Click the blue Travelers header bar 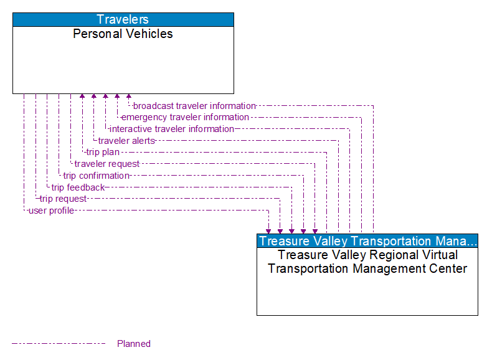click(x=123, y=19)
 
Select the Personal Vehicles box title click(x=123, y=34)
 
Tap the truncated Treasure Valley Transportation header click(x=367, y=241)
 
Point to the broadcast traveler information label click(x=194, y=106)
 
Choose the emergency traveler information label click(x=185, y=117)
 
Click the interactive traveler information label click(x=172, y=129)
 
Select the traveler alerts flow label click(x=126, y=141)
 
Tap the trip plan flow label click(x=103, y=152)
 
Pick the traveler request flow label click(x=107, y=164)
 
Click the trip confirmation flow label click(x=96, y=176)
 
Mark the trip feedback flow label click(x=78, y=187)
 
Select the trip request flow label click(x=63, y=199)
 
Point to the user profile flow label click(x=51, y=211)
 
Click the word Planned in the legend click(x=134, y=344)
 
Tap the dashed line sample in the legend click(x=59, y=343)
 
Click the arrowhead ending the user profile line click(x=268, y=230)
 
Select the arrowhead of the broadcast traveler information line click(x=129, y=97)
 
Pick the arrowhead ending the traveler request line click(x=315, y=230)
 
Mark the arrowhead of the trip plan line click(x=82, y=97)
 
